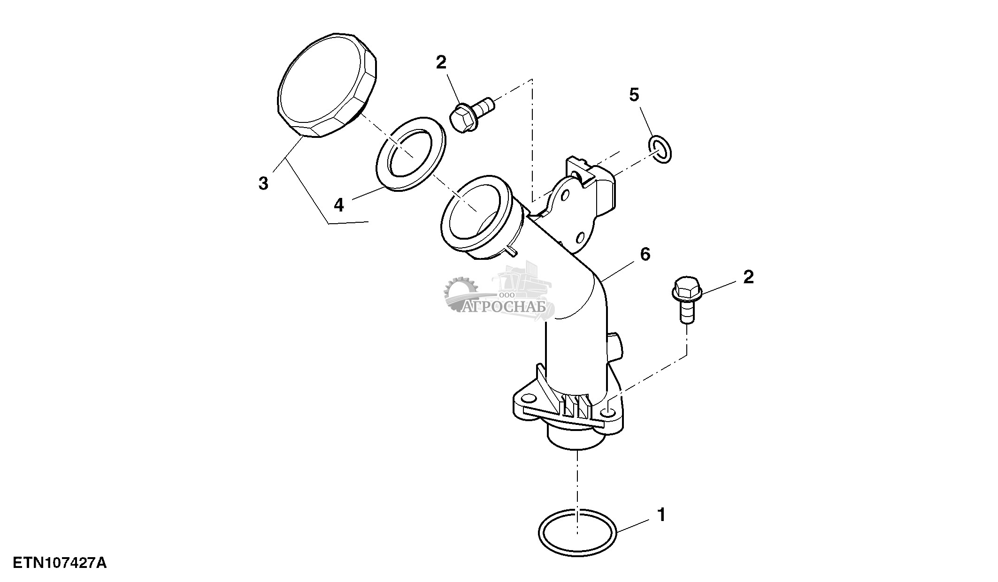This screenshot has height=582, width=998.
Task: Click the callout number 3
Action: click(263, 183)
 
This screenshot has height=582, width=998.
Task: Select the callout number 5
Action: click(634, 95)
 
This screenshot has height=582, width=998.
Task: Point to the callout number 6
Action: click(645, 254)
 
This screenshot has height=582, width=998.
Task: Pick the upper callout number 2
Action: click(441, 62)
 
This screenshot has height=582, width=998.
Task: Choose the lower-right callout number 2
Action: click(748, 277)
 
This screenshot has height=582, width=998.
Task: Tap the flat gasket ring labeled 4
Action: click(411, 154)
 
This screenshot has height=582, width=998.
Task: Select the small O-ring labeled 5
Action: click(660, 150)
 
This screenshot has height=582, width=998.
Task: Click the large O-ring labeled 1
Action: click(577, 532)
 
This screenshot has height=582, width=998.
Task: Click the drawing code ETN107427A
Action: click(60, 563)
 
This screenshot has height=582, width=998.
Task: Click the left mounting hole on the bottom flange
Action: click(529, 399)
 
